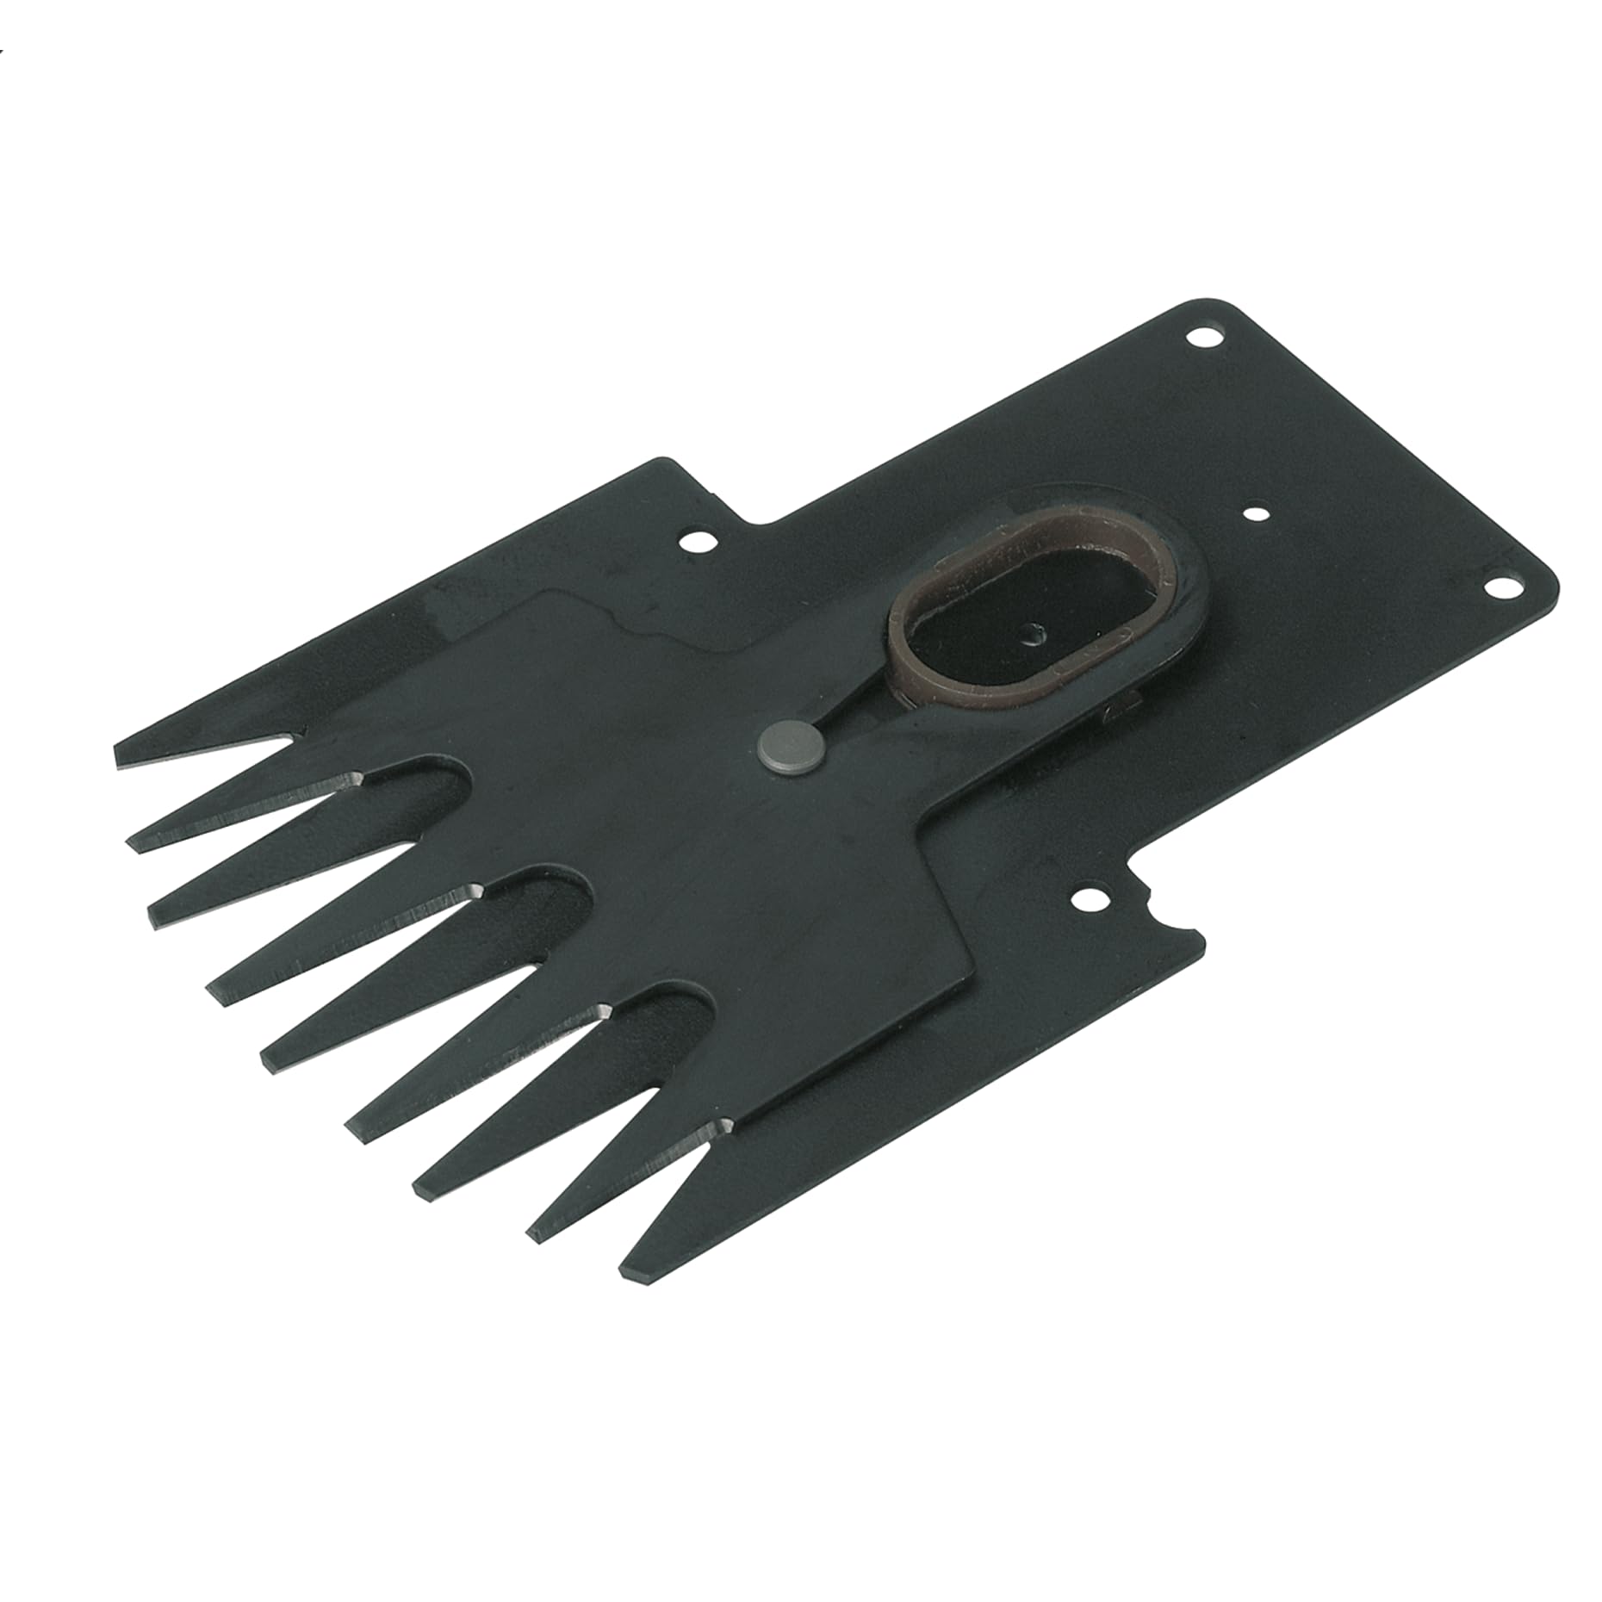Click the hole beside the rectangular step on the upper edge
[x=697, y=544]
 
